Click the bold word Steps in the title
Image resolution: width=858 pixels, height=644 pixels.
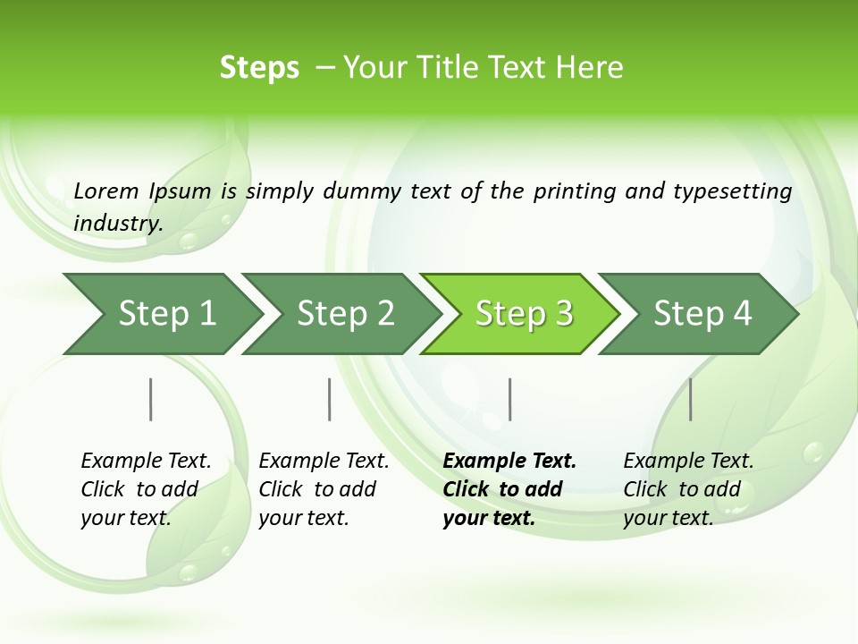coord(259,68)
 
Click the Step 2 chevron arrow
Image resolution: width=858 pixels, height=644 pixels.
coord(345,313)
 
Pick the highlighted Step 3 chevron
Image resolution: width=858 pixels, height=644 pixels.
coord(524,313)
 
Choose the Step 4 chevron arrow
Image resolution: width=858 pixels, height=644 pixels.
coord(702,313)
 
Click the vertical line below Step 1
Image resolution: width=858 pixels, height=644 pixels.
coord(151,399)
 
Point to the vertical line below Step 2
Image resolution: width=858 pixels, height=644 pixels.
coord(330,399)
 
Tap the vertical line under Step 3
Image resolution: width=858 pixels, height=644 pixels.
coord(509,399)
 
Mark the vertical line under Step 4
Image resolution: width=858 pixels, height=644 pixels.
coord(691,399)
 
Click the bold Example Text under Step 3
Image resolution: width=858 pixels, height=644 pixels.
coord(509,462)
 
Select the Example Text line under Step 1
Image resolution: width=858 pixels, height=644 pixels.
coord(146,462)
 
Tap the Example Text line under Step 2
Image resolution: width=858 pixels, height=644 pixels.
coord(324,462)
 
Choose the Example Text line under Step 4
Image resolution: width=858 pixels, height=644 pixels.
coord(688,462)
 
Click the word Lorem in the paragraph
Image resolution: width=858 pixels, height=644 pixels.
coord(106,191)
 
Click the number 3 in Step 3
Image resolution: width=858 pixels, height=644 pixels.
coord(563,313)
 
